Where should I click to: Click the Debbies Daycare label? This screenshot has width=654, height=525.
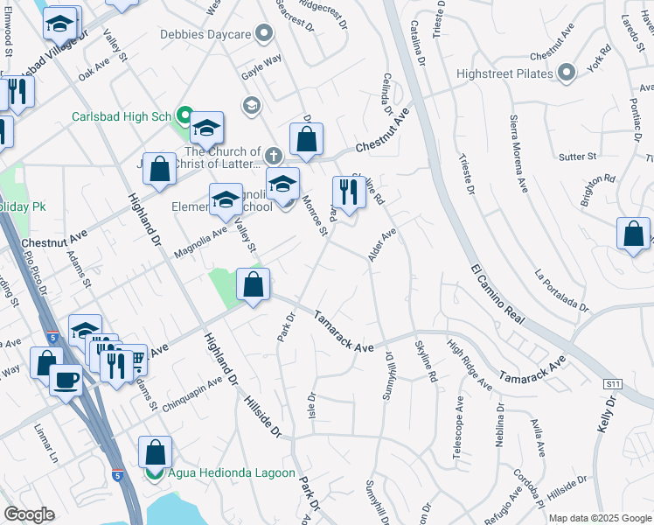pos(205,34)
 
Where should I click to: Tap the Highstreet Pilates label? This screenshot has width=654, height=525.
pos(504,73)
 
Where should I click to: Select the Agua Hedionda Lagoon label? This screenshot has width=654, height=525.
pos(220,473)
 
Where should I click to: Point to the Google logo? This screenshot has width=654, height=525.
pos(29,514)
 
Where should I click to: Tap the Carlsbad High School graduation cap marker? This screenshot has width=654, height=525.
pos(207,129)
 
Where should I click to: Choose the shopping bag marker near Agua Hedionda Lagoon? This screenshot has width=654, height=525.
pos(155,453)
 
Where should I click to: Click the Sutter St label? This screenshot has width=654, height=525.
pos(577,157)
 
